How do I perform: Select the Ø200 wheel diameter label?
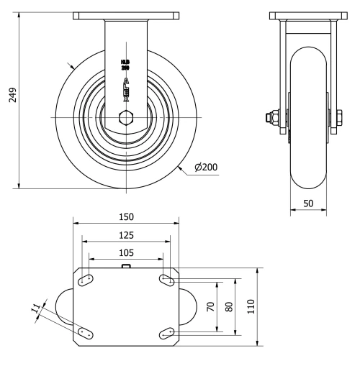[205, 168]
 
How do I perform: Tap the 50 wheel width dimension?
[307, 203]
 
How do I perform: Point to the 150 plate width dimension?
[126, 216]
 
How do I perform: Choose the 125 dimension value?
[126, 234]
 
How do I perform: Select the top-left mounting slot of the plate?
[85, 280]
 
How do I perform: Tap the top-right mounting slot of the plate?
[167, 280]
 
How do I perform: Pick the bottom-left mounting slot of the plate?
[85, 331]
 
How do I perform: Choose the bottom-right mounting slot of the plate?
[167, 331]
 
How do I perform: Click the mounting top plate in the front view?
[126, 15]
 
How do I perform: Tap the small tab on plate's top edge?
[126, 267]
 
